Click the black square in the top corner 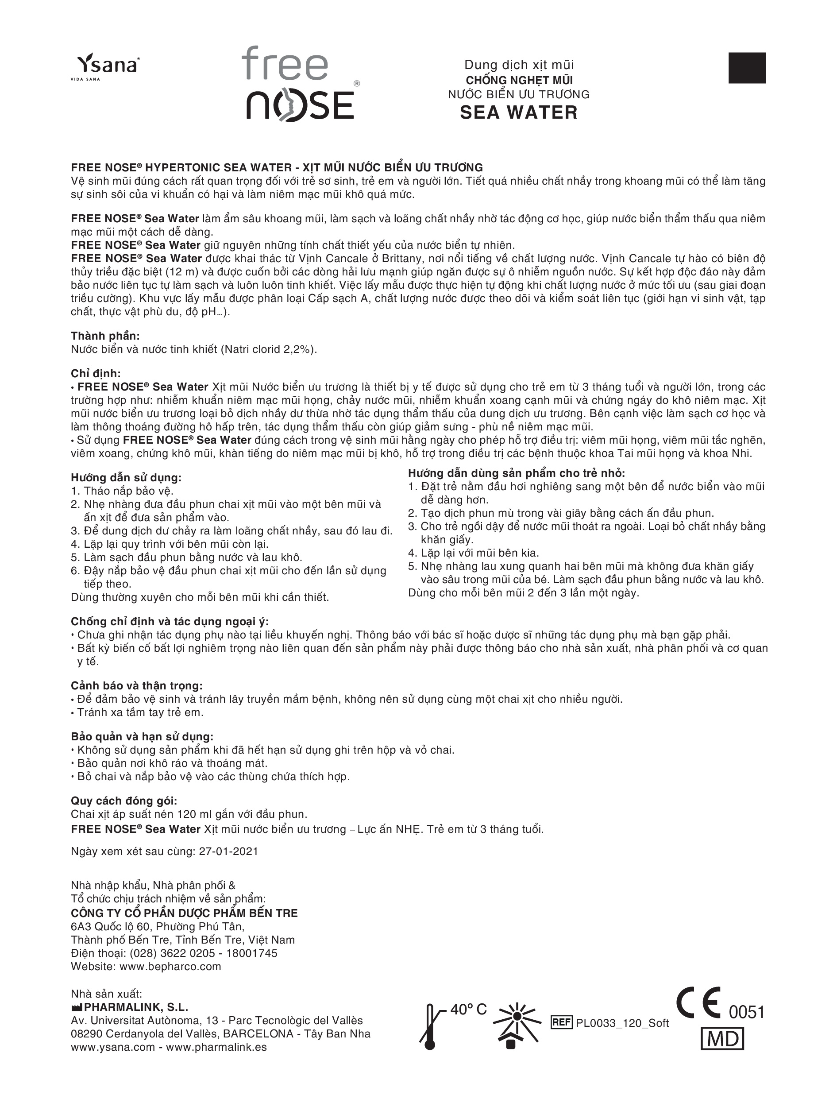click(x=747, y=68)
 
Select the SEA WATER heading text click(x=519, y=112)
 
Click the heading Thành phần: click(x=105, y=336)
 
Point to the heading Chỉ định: click(x=96, y=374)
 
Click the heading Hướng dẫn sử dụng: click(x=126, y=477)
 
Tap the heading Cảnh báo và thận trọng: click(x=136, y=686)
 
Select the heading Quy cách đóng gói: click(x=124, y=801)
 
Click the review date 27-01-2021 click(x=229, y=851)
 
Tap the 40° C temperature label click(x=468, y=1010)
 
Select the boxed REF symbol click(x=561, y=1023)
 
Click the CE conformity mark click(x=698, y=1003)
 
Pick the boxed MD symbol click(x=722, y=1040)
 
